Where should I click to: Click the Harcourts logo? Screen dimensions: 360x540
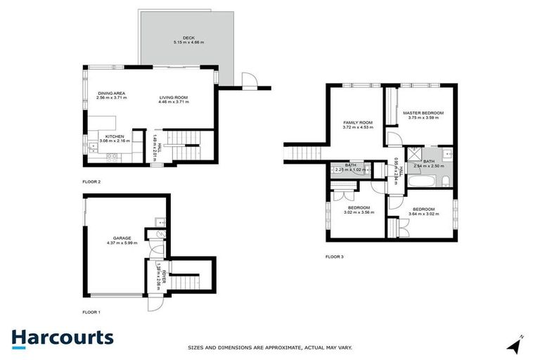click(x=62, y=337)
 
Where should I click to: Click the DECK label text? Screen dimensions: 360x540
click(x=188, y=38)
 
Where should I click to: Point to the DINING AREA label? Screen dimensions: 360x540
click(x=110, y=94)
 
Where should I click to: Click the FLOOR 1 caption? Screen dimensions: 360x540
click(x=91, y=311)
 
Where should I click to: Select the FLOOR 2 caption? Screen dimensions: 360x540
click(x=91, y=182)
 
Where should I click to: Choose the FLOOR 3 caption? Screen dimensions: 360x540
click(x=335, y=256)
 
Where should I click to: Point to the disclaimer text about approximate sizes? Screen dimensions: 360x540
click(x=270, y=347)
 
